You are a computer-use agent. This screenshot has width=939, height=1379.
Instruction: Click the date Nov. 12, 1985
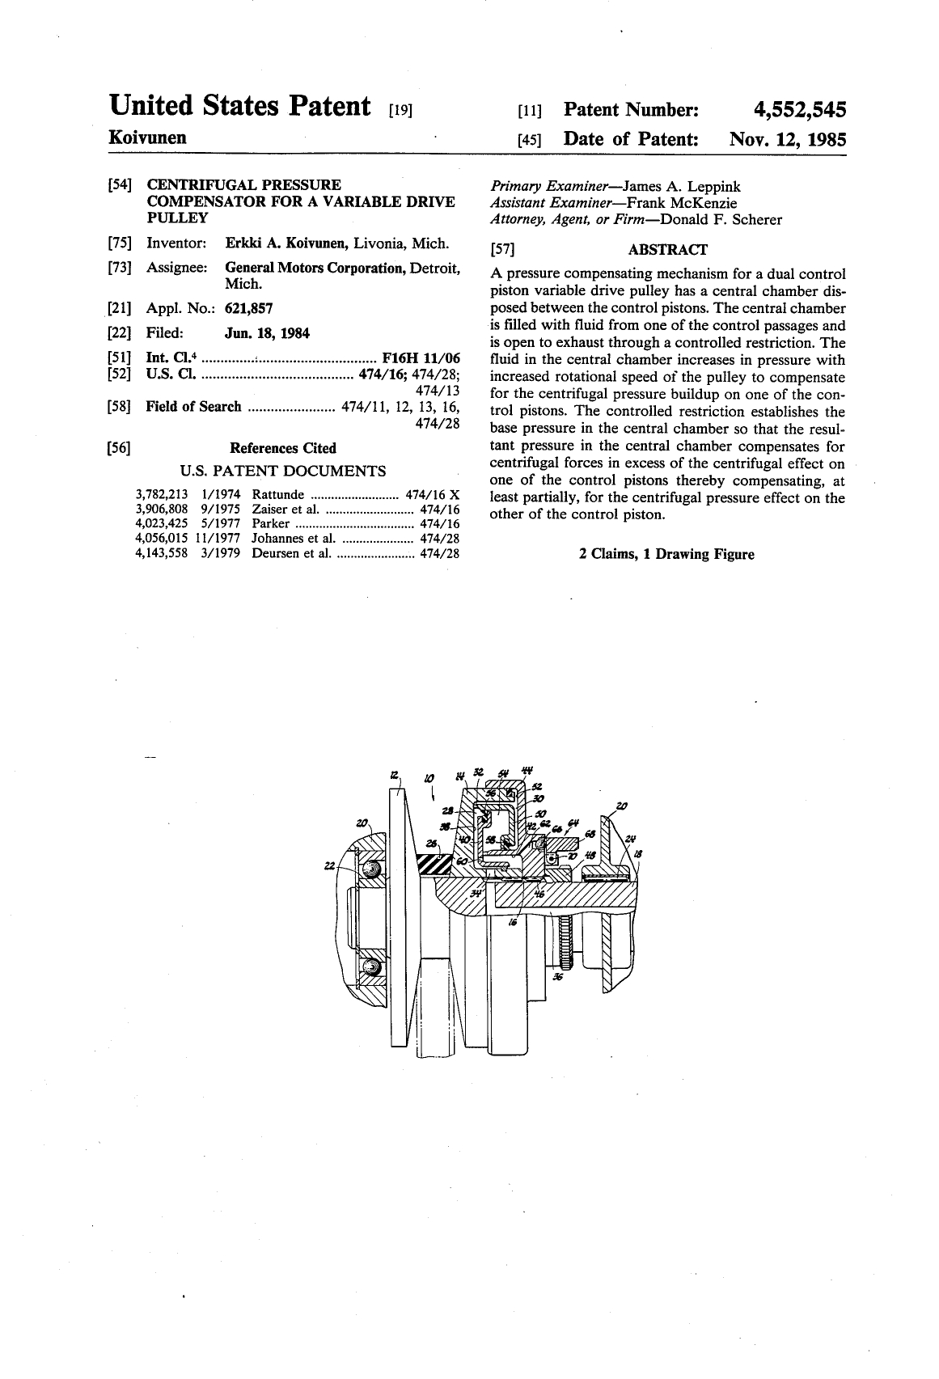pos(787,139)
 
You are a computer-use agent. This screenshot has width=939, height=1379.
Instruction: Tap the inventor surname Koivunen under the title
pos(148,137)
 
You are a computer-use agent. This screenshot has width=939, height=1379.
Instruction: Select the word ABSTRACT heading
pos(667,250)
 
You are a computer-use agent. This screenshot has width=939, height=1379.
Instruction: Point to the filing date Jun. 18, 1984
pos(267,332)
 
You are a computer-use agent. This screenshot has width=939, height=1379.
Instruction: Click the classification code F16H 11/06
pos(421,357)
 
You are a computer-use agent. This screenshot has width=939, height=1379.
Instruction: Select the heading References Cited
pos(283,448)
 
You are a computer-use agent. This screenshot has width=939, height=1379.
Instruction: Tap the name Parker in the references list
pos(271,524)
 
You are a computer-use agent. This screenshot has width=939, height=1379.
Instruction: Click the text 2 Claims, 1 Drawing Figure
pos(666,554)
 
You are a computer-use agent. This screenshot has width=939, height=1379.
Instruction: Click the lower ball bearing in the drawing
pos(371,968)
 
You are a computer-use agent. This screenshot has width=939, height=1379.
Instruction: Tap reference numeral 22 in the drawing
pos(328,866)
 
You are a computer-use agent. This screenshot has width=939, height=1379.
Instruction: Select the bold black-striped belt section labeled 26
pos(434,865)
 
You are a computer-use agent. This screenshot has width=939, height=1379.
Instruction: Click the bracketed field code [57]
pos(503,250)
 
